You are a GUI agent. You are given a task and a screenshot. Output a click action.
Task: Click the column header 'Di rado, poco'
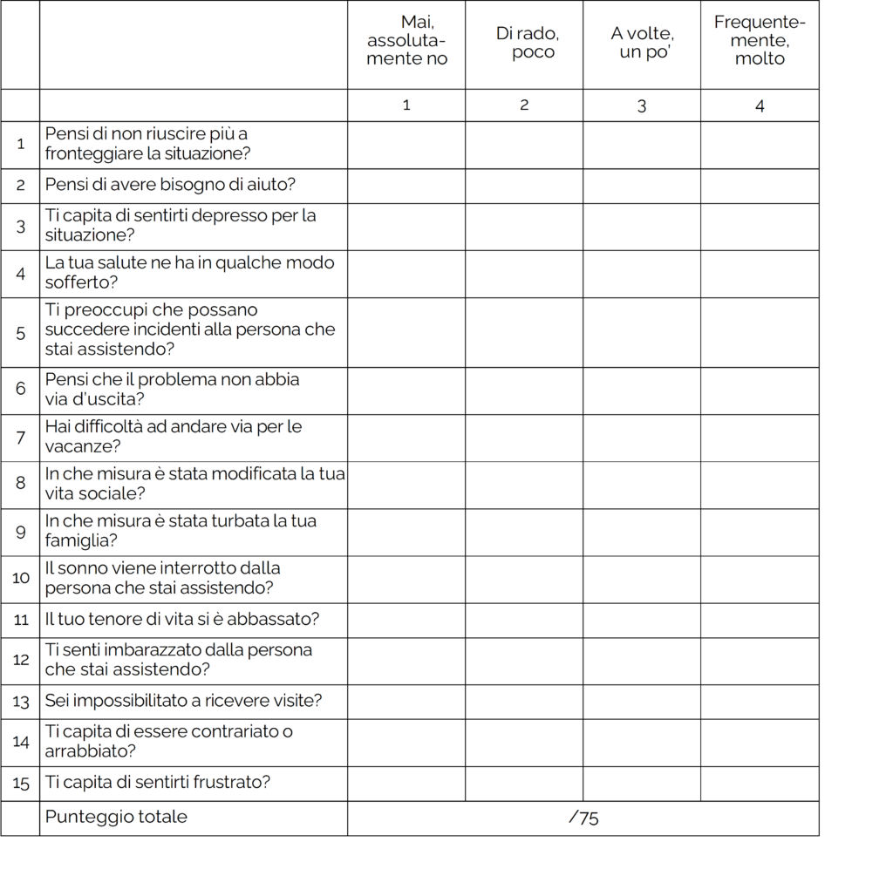pyautogui.click(x=527, y=43)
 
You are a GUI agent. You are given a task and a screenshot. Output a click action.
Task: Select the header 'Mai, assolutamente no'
pyautogui.click(x=406, y=40)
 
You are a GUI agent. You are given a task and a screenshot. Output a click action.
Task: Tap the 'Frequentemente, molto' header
pyautogui.click(x=760, y=40)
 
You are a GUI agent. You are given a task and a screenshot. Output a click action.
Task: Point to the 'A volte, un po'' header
pyautogui.click(x=642, y=43)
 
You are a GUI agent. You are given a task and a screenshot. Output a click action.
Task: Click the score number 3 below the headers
pyautogui.click(x=642, y=105)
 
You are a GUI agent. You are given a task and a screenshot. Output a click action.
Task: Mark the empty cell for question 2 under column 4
pyautogui.click(x=760, y=186)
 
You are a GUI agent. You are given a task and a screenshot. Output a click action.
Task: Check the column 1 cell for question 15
pyautogui.click(x=406, y=783)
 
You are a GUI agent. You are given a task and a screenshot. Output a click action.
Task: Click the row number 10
pyautogui.click(x=21, y=578)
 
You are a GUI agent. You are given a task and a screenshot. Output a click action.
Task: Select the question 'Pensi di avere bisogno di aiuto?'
pyautogui.click(x=170, y=185)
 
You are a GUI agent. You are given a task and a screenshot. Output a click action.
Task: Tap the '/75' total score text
pyautogui.click(x=583, y=818)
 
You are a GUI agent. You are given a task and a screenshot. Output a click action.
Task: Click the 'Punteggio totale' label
pyautogui.click(x=116, y=817)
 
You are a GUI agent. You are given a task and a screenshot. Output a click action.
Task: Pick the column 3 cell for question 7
pyautogui.click(x=642, y=437)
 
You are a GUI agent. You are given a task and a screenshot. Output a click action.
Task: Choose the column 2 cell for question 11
pyautogui.click(x=524, y=620)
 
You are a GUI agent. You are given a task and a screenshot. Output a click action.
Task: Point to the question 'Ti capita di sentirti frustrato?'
pyautogui.click(x=158, y=782)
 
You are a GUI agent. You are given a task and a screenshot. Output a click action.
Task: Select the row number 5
pyautogui.click(x=21, y=332)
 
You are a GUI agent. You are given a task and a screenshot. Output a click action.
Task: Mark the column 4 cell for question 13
pyautogui.click(x=760, y=701)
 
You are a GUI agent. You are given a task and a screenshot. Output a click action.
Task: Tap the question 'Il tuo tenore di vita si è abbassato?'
pyautogui.click(x=182, y=620)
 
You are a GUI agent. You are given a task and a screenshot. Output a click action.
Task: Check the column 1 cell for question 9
pyautogui.click(x=406, y=532)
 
